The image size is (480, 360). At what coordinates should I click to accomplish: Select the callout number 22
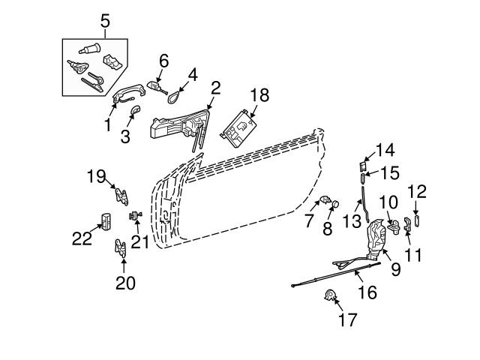81,238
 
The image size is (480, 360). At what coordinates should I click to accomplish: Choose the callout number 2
215,88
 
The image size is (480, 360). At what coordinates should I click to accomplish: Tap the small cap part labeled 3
135,113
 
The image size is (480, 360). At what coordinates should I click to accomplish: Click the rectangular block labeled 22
105,221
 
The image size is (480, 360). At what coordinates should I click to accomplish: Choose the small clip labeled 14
362,166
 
